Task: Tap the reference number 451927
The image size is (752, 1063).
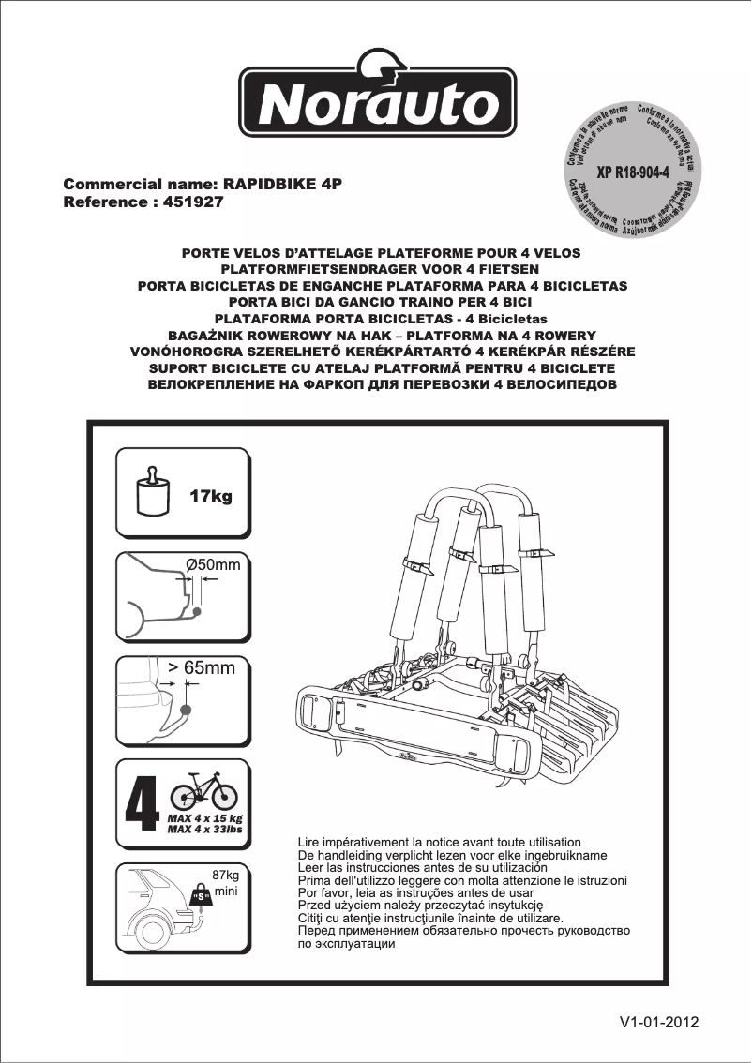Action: tap(193, 202)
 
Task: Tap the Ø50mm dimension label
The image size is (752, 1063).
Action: tap(213, 564)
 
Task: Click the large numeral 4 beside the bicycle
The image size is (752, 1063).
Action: tap(142, 798)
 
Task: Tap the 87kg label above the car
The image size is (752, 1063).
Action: tap(226, 875)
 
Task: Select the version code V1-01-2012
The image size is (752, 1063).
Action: tap(658, 1023)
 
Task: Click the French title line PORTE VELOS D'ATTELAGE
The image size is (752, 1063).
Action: tap(381, 254)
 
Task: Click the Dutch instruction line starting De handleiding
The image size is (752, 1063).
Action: tap(451, 856)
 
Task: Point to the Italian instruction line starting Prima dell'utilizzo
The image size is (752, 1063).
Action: tap(461, 881)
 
